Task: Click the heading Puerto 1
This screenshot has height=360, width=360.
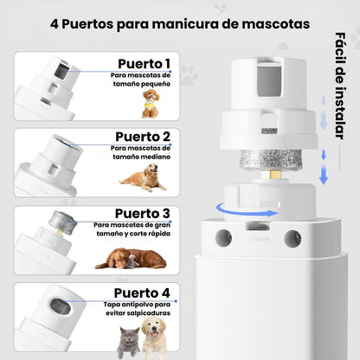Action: (144, 64)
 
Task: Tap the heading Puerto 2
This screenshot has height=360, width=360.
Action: (143, 137)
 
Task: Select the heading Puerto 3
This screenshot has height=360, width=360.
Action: (143, 214)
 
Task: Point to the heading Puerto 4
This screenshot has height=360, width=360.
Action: (142, 293)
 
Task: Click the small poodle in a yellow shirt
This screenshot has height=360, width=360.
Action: (151, 104)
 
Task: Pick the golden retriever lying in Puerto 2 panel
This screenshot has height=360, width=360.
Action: (143, 177)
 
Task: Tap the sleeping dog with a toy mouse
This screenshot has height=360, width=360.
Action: (131, 258)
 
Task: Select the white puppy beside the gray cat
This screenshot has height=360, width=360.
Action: (154, 334)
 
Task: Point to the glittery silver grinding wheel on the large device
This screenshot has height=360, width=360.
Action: (271, 159)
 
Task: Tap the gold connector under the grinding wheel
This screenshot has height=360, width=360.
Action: (271, 175)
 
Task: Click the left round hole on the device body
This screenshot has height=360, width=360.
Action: (223, 238)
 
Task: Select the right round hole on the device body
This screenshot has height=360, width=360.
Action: (292, 239)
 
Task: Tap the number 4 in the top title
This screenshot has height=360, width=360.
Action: (55, 24)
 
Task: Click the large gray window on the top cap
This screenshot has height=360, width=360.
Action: (268, 80)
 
